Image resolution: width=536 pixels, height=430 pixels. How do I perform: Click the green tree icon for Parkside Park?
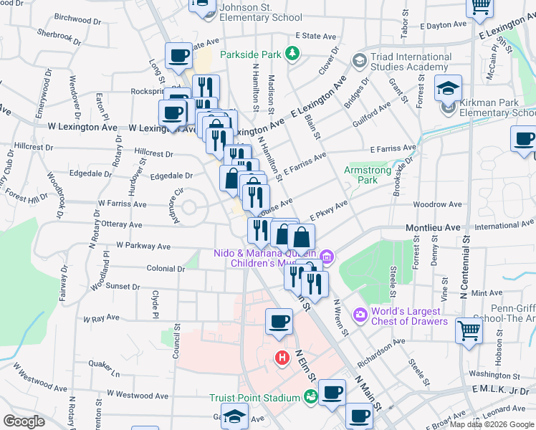pos(292,53)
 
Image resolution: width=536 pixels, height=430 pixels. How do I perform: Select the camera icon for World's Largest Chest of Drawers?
pos(360,314)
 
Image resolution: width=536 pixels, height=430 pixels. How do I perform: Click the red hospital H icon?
pos(283,356)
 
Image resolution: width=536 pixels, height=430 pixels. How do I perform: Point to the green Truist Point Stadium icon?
pos(311,396)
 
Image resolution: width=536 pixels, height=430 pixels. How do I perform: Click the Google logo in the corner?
pos(24,421)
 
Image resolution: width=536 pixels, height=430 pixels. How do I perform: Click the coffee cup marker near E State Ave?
pos(178,55)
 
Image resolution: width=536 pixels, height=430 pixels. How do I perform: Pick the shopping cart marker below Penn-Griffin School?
pos(469,331)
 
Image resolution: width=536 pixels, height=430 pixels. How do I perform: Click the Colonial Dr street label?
pos(166,269)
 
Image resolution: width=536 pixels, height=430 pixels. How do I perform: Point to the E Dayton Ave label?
pos(443,25)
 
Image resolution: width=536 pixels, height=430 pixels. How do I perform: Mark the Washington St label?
pos(494,374)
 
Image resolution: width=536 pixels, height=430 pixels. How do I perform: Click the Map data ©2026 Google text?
pos(492,424)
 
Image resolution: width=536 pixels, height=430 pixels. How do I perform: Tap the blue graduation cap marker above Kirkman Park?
pos(449,88)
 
